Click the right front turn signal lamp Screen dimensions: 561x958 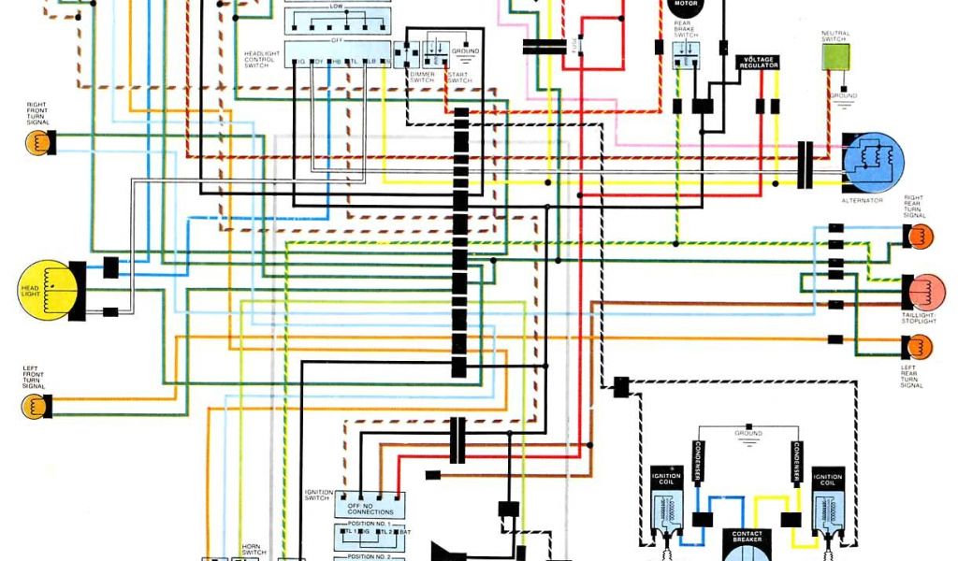pos(36,142)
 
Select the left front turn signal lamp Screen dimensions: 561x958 pos(36,406)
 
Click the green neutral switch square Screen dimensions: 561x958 pos(835,57)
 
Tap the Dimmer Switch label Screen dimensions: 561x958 pos(422,78)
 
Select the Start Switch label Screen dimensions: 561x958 pos(459,78)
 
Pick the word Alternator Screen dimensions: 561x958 pos(862,200)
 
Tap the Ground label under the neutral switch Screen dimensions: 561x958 pos(842,95)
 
